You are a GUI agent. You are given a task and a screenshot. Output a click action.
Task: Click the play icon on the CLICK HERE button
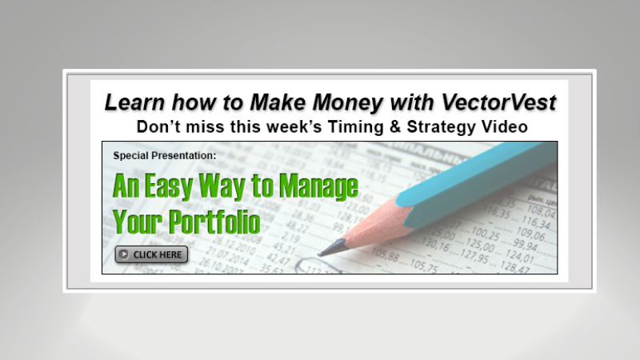tap(124, 254)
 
